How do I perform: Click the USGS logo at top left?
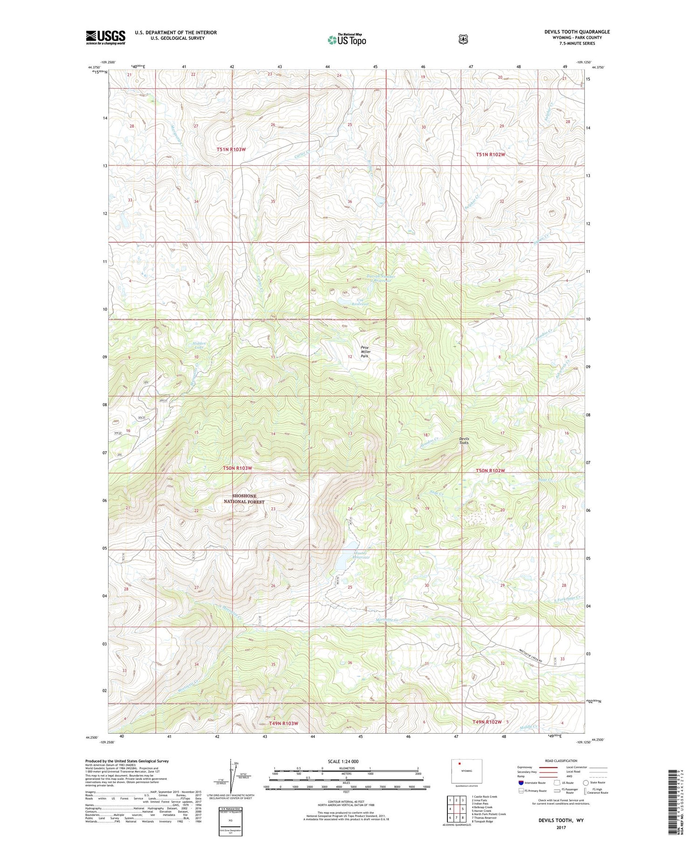tap(105, 37)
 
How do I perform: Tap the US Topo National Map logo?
tap(347, 39)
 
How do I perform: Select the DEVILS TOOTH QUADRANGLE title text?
tap(577, 32)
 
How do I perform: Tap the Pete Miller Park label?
tap(365, 351)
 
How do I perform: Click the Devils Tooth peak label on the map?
tap(464, 440)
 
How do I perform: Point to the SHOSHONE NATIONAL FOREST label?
tap(244, 499)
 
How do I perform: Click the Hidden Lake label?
tap(199, 345)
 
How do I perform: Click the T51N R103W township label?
tap(231, 149)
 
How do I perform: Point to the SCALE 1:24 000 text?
tap(343, 762)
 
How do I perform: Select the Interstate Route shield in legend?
tap(521, 783)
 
